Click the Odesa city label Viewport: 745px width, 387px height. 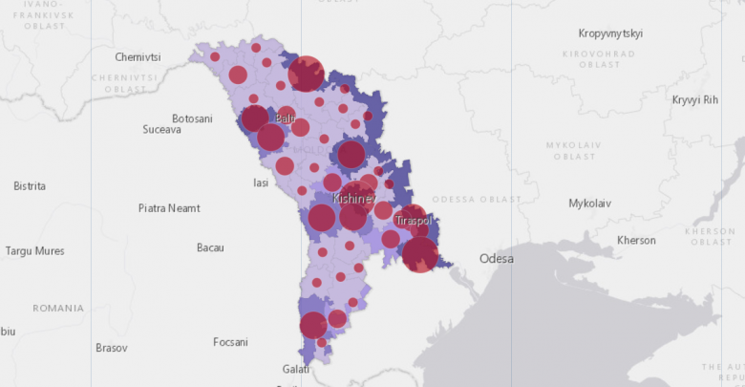tap(496, 259)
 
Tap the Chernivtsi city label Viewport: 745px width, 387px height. tap(138, 57)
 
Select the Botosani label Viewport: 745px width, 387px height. tap(192, 118)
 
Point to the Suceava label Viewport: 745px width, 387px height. tap(161, 130)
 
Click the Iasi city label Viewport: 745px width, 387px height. tap(260, 183)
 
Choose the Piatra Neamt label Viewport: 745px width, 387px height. tap(169, 207)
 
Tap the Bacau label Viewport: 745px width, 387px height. tap(210, 247)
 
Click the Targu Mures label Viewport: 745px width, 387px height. tap(35, 251)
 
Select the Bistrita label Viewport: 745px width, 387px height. tap(30, 186)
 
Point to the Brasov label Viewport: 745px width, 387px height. tap(111, 348)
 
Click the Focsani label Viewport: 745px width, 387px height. tap(230, 342)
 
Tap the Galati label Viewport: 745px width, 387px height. tap(296, 369)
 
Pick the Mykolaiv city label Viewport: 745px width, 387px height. tap(589, 204)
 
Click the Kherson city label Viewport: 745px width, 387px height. tap(636, 240)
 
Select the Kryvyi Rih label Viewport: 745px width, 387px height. tap(694, 99)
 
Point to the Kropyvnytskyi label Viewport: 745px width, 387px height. tap(610, 33)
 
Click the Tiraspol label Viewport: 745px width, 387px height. tap(414, 221)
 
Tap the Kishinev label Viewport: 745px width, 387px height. tap(354, 199)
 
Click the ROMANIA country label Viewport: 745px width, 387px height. tap(58, 309)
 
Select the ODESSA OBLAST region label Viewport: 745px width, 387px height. tap(477, 199)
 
